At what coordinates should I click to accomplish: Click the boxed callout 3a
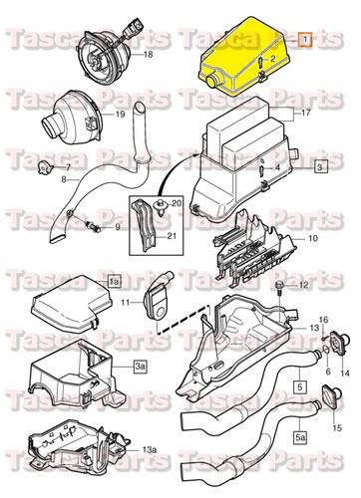141,369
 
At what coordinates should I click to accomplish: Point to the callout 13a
150,450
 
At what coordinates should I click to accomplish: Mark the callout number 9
116,228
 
